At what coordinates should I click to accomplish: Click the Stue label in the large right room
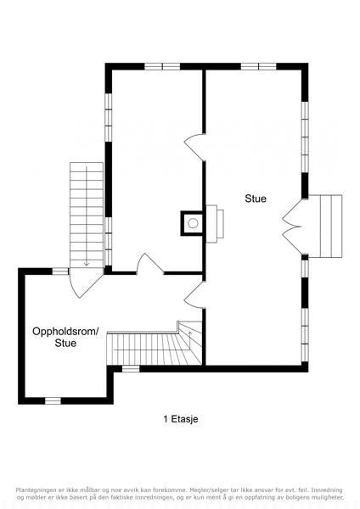(x=256, y=199)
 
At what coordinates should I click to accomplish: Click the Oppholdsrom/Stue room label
(x=65, y=338)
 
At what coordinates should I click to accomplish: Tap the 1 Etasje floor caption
(x=181, y=419)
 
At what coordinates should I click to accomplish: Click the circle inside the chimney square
(x=193, y=223)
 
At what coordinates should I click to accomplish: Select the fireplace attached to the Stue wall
(x=215, y=224)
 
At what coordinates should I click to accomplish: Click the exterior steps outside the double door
(x=325, y=227)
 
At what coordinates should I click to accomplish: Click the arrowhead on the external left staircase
(x=87, y=263)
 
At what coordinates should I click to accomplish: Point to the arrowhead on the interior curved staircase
(x=190, y=333)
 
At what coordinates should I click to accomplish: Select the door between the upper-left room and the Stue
(x=194, y=148)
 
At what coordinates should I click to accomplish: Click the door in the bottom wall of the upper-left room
(x=149, y=264)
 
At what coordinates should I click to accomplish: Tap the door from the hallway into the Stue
(x=194, y=294)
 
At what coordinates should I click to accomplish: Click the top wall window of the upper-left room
(x=162, y=66)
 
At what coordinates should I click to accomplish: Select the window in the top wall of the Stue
(x=258, y=66)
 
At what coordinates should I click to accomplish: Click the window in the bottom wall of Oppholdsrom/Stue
(x=53, y=401)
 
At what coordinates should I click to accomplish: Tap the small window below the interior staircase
(x=131, y=369)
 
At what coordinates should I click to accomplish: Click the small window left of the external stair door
(x=61, y=271)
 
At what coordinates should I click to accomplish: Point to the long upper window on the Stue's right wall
(x=305, y=137)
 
